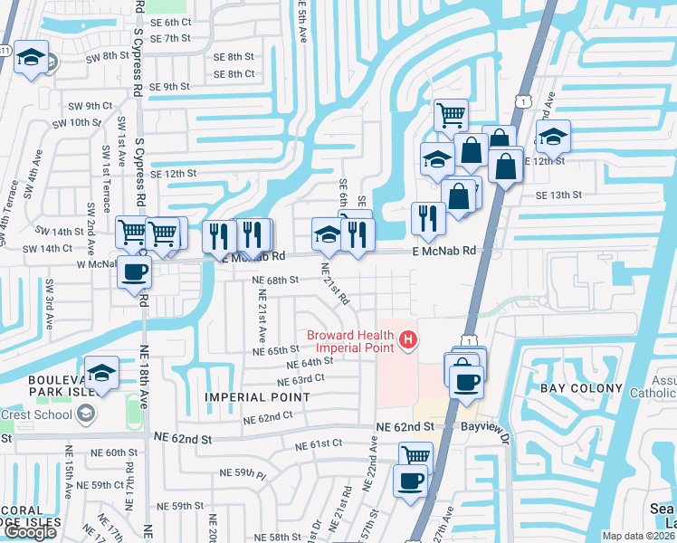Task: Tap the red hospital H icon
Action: click(x=408, y=340)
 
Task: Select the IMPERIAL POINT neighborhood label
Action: click(x=257, y=397)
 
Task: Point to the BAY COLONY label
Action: click(x=581, y=388)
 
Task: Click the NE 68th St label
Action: click(x=275, y=281)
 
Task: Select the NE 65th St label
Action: click(x=275, y=350)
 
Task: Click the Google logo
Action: click(x=30, y=532)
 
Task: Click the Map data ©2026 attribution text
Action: click(x=638, y=536)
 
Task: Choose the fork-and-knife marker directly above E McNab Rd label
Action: click(x=427, y=218)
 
